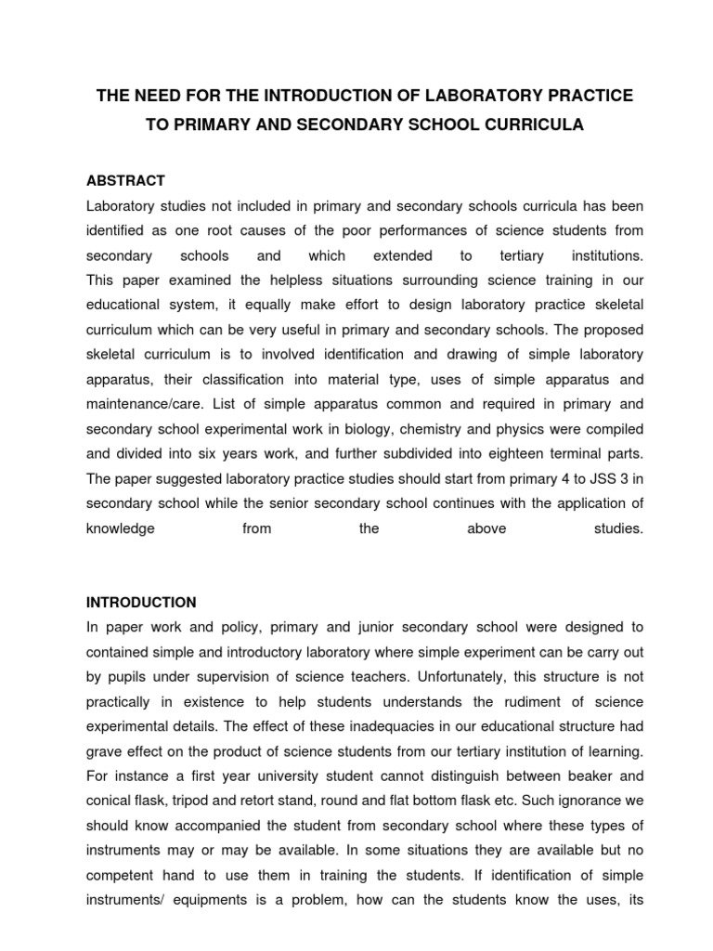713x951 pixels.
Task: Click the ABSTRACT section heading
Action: pos(125,180)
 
